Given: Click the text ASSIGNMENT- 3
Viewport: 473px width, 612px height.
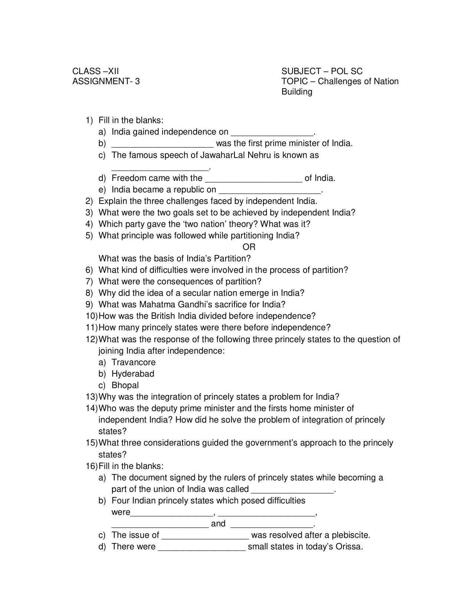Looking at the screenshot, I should pos(106,81).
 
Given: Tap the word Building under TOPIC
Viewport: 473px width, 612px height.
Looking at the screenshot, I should pos(297,92).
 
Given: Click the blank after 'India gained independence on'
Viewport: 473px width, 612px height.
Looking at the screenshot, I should pos(272,133).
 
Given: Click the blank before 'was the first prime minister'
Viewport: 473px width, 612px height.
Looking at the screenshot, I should pos(162,144).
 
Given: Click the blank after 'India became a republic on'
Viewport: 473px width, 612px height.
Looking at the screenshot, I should pos(270,191).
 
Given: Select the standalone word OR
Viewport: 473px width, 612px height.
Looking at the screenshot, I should pos(249,247).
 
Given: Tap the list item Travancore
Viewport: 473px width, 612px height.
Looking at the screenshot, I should pos(134,362).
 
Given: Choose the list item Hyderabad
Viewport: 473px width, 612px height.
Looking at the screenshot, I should pos(133,374).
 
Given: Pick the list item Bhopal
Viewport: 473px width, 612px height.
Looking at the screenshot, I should pos(125,385).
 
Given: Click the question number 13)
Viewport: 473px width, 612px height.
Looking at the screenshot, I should pos(92,397).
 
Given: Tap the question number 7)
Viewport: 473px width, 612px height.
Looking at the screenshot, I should pos(89,281).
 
